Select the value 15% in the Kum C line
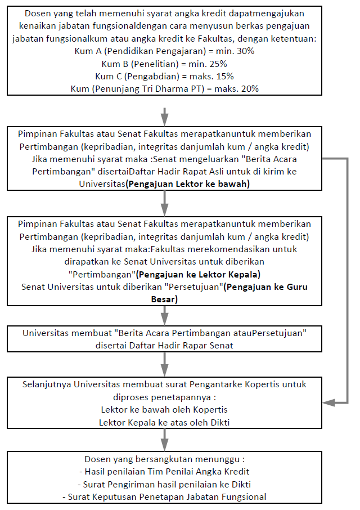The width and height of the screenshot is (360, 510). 222,76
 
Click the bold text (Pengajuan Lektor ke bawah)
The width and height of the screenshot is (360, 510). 188,184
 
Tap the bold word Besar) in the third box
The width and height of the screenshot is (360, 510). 164,299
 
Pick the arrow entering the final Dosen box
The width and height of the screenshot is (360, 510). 164,438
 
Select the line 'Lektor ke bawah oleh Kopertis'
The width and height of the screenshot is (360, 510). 164,409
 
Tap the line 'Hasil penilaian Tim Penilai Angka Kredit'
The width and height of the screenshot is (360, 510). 164,471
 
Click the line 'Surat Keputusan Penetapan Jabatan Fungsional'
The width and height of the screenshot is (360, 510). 164,496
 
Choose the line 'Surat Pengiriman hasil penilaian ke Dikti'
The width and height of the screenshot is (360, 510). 164,484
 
